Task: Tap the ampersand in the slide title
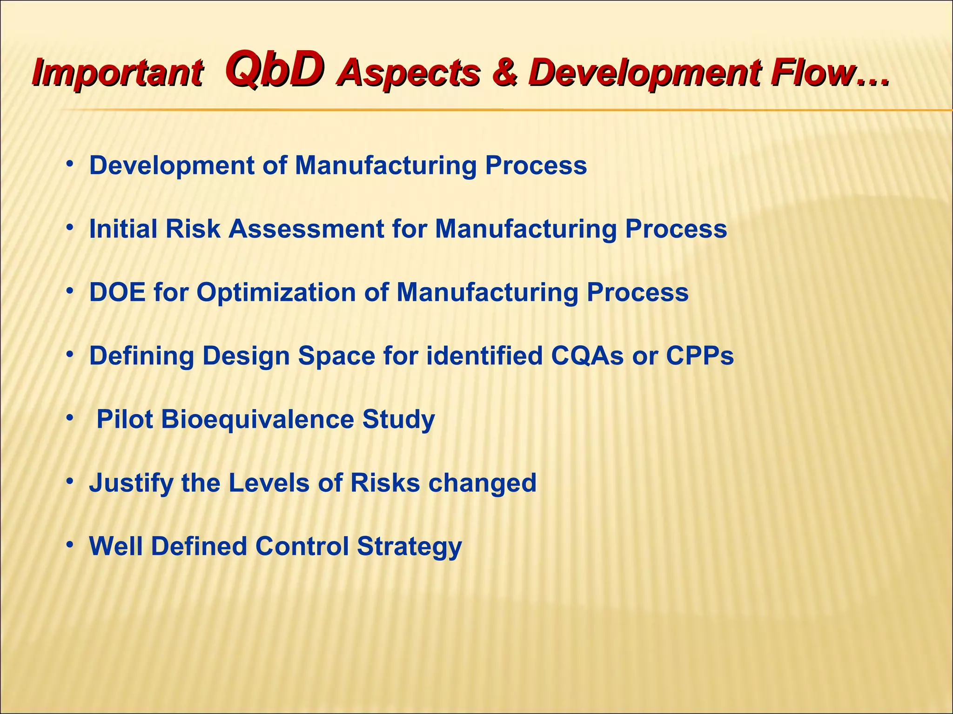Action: (x=504, y=73)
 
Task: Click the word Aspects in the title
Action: (x=409, y=73)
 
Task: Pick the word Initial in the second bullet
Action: (x=122, y=229)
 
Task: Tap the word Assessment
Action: (x=306, y=229)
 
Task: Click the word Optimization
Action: (x=276, y=293)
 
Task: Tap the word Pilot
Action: (x=124, y=419)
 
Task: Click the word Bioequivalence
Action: (x=258, y=419)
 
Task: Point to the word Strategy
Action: (x=409, y=547)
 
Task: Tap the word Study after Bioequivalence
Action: (x=398, y=419)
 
